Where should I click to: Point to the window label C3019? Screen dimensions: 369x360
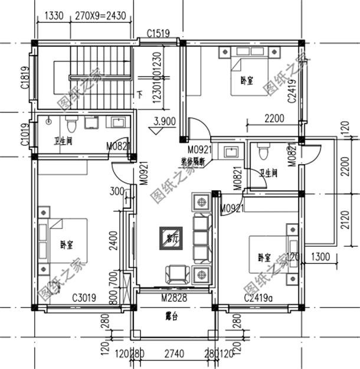click(x=84, y=299)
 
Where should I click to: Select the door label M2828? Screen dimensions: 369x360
click(x=174, y=299)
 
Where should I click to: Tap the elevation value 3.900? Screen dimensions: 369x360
click(x=163, y=122)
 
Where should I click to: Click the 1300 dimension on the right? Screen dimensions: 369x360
click(x=319, y=257)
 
